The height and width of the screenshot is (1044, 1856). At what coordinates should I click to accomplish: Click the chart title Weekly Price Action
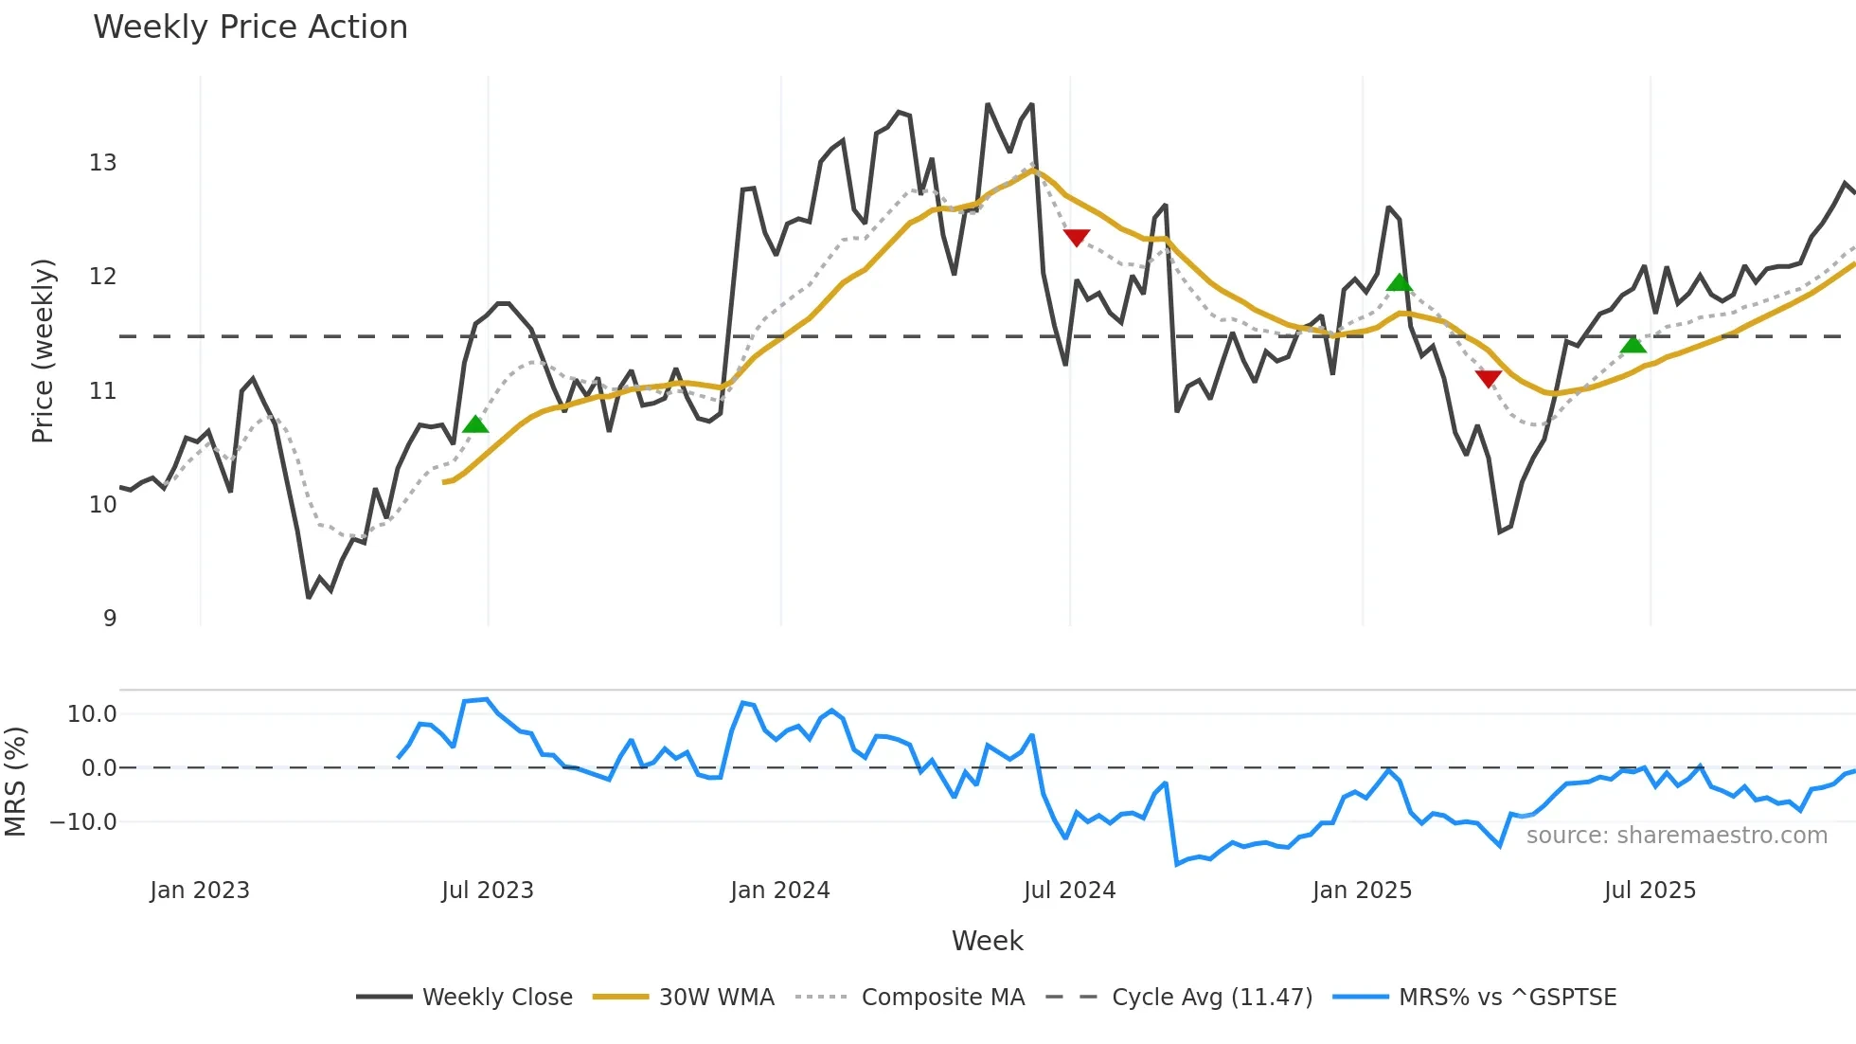tap(250, 27)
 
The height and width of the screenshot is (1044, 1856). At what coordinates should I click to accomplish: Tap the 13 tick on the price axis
tap(103, 163)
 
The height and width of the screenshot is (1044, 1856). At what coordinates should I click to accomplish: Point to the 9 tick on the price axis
tap(110, 619)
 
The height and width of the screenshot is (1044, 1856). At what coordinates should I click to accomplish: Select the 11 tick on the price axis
tap(103, 391)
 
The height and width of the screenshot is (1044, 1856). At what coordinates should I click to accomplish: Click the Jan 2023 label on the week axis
tap(200, 891)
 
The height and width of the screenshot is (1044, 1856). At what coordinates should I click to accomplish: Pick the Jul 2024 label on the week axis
tap(1069, 891)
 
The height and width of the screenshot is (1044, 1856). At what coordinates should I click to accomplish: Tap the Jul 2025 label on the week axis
tap(1650, 891)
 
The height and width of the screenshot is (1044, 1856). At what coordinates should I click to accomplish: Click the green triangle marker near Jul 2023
tap(475, 424)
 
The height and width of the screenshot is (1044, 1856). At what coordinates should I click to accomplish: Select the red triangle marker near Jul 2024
tap(1077, 237)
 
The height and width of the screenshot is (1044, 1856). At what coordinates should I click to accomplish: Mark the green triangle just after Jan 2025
tap(1400, 282)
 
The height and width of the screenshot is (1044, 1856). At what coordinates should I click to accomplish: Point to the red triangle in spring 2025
tap(1489, 379)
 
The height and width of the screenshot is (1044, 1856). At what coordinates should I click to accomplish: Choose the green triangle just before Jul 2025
tap(1633, 344)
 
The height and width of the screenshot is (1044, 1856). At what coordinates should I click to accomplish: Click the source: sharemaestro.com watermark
tap(1676, 836)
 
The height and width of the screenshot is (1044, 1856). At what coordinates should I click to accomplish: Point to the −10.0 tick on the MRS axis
tap(83, 822)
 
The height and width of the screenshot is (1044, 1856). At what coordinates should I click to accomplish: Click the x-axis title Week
tap(987, 941)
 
